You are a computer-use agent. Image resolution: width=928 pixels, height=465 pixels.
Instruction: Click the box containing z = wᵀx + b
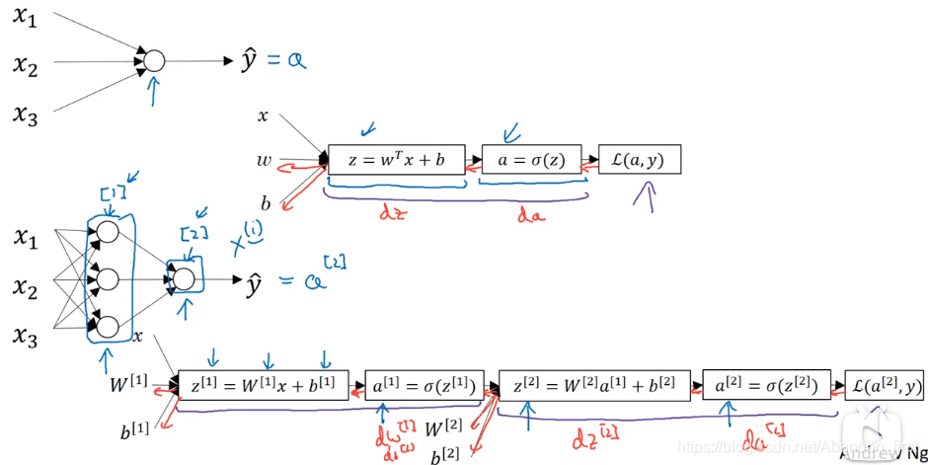[x=396, y=159]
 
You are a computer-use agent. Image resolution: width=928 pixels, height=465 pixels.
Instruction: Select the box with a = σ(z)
[x=531, y=159]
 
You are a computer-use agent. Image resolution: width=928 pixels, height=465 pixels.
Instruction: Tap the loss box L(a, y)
[x=639, y=159]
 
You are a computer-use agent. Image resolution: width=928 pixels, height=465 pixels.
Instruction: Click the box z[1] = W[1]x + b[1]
[x=264, y=385]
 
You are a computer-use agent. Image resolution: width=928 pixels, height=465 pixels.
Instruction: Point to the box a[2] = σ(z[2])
[x=765, y=385]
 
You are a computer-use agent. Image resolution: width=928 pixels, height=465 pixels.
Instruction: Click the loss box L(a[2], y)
[x=885, y=385]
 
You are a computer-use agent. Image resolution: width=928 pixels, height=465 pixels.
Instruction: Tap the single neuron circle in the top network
[x=154, y=61]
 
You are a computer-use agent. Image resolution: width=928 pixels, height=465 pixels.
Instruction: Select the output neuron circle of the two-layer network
[x=184, y=278]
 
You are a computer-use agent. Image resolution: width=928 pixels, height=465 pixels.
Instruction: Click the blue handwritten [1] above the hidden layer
[x=111, y=193]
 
